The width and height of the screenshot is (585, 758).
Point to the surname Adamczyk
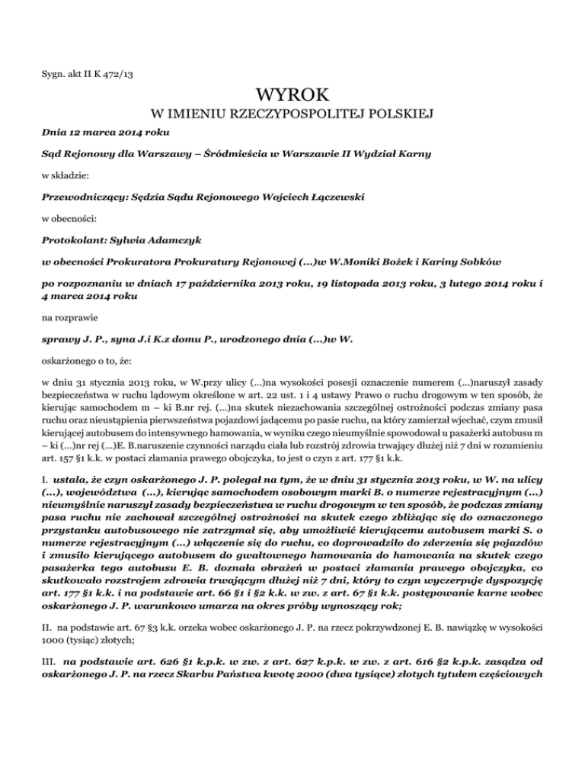click(x=149, y=239)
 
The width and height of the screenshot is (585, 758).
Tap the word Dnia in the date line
click(x=56, y=134)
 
